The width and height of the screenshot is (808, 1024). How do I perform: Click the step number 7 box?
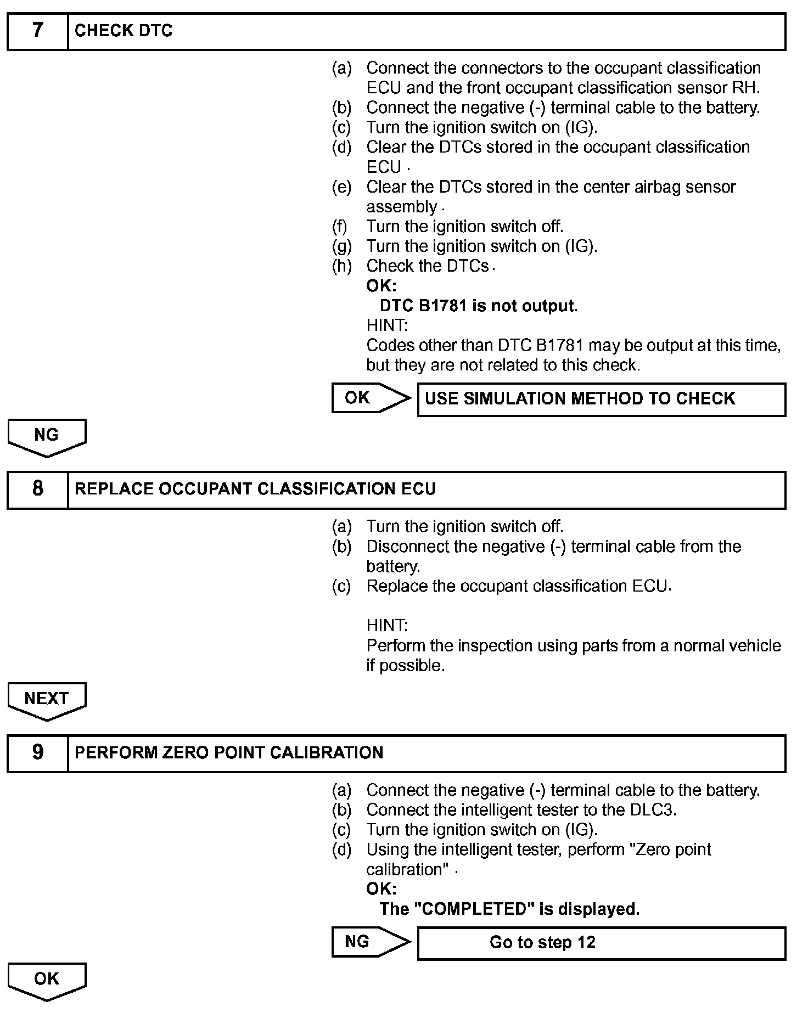pos(37,31)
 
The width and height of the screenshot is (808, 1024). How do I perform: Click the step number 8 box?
pos(37,490)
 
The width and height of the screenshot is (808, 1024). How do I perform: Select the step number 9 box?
pos(37,753)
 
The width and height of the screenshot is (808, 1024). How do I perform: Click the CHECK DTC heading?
pos(124,31)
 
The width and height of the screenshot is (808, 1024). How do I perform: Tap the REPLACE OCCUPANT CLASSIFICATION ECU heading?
pos(255,489)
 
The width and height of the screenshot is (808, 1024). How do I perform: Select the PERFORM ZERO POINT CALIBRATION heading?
pos(229,752)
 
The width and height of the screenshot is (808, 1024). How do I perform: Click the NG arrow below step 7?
pos(47,437)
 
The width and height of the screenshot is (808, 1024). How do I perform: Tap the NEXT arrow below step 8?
pos(47,700)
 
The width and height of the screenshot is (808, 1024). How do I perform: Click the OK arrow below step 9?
pos(47,981)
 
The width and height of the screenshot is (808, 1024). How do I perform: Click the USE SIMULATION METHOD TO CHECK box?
pos(601,399)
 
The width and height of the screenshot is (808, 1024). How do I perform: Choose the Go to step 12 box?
pos(601,943)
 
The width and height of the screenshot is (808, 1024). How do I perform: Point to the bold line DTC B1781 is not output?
pos(478,306)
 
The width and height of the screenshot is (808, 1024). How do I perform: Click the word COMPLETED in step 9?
pos(474,909)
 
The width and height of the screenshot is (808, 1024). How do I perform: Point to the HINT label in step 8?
pos(387,625)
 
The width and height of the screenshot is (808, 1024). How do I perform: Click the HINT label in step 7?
pos(387,325)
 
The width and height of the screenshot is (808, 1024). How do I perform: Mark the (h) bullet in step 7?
pos(341,266)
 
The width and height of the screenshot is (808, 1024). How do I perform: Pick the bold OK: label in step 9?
pos(381,888)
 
